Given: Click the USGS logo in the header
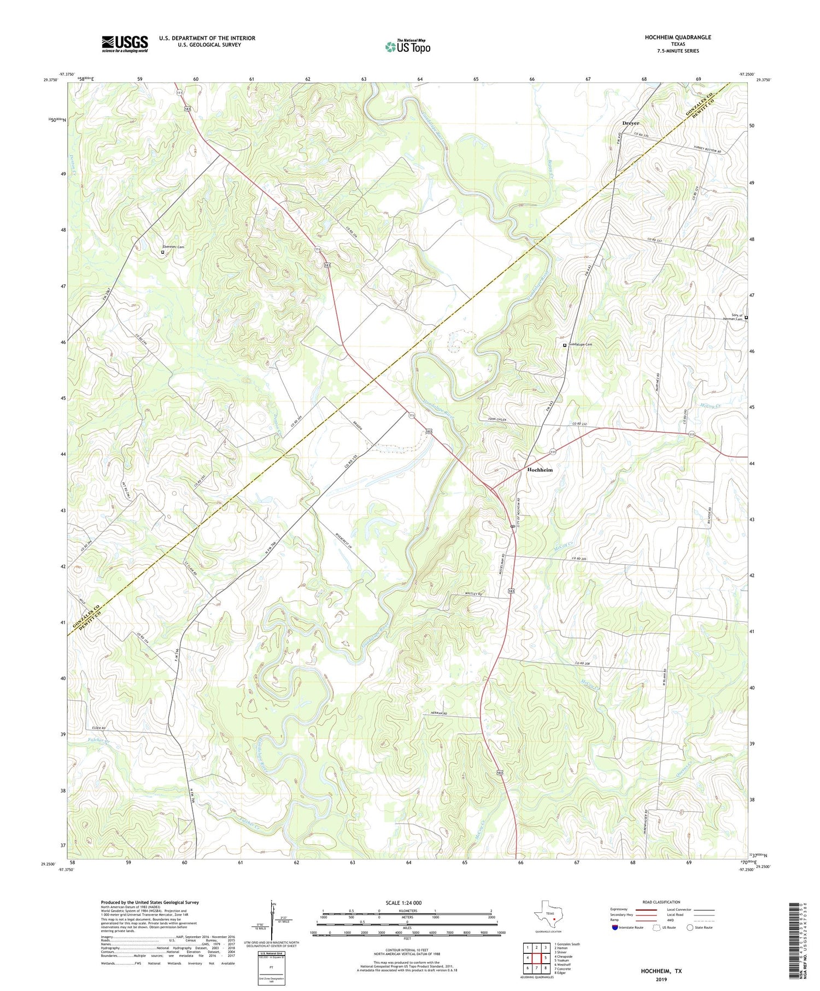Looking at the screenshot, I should tap(125, 44).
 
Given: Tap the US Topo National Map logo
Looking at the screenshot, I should tap(407, 46).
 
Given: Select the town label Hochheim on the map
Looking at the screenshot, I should tap(540, 470).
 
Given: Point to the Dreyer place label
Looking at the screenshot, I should tap(630, 123).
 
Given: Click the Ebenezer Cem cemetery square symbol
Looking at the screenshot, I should tap(162, 252).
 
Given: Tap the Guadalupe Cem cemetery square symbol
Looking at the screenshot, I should tap(565, 345).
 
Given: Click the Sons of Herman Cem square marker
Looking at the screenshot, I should tap(746, 318).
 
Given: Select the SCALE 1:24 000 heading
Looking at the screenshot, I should tap(407, 902).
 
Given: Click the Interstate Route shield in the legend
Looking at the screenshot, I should tap(616, 927).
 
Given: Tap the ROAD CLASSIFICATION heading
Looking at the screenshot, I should tap(661, 902).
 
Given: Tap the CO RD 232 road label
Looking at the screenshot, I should tap(582, 424).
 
